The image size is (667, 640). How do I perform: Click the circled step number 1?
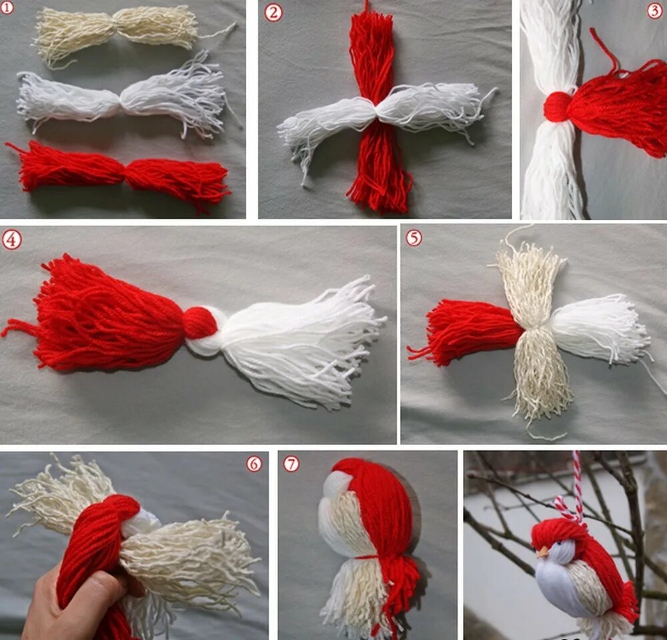pos(7,7)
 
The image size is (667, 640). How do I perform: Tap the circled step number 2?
pos(273,13)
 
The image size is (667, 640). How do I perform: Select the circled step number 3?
pos(656,11)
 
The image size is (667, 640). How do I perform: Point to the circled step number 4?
pos(11,240)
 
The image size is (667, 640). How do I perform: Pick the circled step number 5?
pos(414,238)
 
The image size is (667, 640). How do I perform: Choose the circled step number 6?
pos(254,464)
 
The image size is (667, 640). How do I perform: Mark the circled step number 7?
pos(291,464)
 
